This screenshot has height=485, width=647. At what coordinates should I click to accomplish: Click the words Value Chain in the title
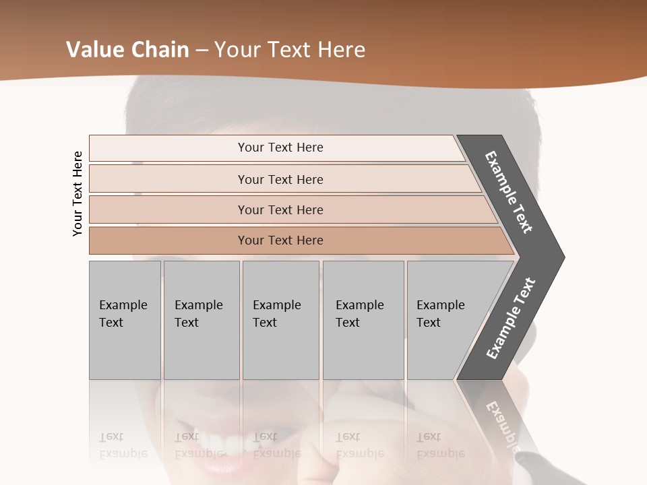pyautogui.click(x=127, y=50)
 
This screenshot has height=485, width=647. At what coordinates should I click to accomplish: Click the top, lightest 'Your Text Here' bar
pyautogui.click(x=280, y=148)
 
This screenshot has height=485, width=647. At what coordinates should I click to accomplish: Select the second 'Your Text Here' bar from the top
pyautogui.click(x=280, y=179)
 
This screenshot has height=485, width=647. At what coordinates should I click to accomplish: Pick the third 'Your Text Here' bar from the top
pyautogui.click(x=280, y=209)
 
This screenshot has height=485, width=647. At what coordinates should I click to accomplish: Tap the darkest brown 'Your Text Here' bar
pyautogui.click(x=280, y=240)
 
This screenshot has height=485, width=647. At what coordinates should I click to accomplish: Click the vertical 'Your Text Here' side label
pyautogui.click(x=78, y=193)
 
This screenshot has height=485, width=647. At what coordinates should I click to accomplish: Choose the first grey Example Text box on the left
pyautogui.click(x=125, y=320)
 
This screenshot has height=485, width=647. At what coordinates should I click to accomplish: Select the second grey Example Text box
pyautogui.click(x=201, y=320)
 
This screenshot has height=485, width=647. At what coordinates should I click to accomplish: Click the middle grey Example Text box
pyautogui.click(x=280, y=320)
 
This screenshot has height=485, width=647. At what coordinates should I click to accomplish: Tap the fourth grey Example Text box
pyautogui.click(x=363, y=320)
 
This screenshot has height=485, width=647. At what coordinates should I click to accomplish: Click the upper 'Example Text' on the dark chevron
pyautogui.click(x=509, y=192)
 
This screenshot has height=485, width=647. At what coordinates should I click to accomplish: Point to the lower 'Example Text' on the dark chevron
pyautogui.click(x=511, y=318)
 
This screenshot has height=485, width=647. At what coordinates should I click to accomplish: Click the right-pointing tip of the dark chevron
pyautogui.click(x=561, y=257)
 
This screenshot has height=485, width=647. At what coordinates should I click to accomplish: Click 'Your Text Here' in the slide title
pyautogui.click(x=290, y=50)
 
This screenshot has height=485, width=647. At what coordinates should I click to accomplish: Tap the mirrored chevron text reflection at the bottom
pyautogui.click(x=502, y=424)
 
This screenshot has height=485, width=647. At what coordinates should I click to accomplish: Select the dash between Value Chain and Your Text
pyautogui.click(x=202, y=50)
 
